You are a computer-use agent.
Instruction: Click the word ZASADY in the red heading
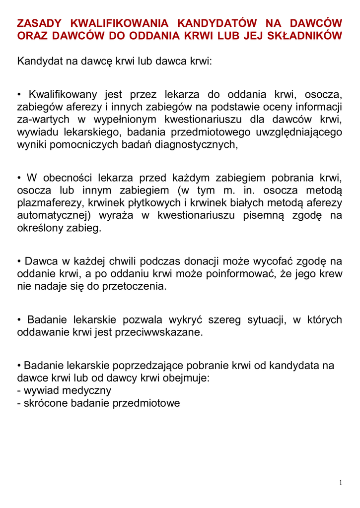(40, 23)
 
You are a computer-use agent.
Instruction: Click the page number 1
(341, 483)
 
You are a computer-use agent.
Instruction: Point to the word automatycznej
(55, 216)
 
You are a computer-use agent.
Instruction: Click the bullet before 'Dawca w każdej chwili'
(19, 261)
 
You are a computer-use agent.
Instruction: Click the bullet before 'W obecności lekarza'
(19, 178)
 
